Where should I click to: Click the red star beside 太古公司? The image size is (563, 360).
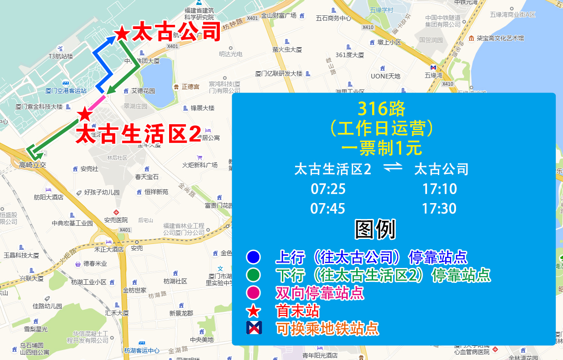[121, 33]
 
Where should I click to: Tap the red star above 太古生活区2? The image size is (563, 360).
[84, 114]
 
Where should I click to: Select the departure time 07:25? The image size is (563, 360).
[328, 189]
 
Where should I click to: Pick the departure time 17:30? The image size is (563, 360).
[439, 209]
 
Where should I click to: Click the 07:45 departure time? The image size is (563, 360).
[328, 209]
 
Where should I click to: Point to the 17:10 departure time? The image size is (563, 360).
[439, 189]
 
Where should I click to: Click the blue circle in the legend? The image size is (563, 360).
[253, 257]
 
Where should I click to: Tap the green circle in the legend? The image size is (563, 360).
[253, 275]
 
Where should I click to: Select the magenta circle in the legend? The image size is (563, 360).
[253, 292]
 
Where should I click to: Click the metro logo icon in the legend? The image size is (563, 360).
[254, 327]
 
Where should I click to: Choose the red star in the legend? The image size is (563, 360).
[253, 311]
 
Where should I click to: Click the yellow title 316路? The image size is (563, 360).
[381, 109]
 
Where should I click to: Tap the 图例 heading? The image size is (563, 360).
[375, 229]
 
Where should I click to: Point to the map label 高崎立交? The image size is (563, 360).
[33, 165]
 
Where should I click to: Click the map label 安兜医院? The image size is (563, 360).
[116, 220]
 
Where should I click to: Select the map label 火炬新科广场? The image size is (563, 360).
[200, 165]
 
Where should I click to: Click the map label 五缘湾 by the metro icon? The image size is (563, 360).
[433, 75]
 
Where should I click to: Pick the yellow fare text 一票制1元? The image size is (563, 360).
[381, 148]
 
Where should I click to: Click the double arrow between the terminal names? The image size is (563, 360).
[393, 168]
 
